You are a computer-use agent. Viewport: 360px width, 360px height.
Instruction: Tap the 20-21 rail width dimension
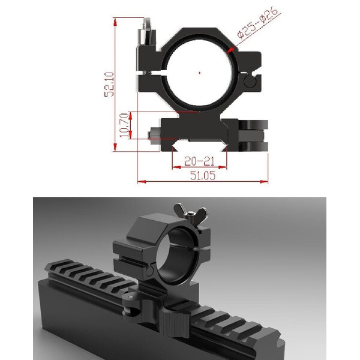click(200, 161)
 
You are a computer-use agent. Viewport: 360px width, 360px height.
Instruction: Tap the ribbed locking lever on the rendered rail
click(177, 317)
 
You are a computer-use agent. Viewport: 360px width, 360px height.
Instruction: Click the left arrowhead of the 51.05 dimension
click(140, 180)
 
